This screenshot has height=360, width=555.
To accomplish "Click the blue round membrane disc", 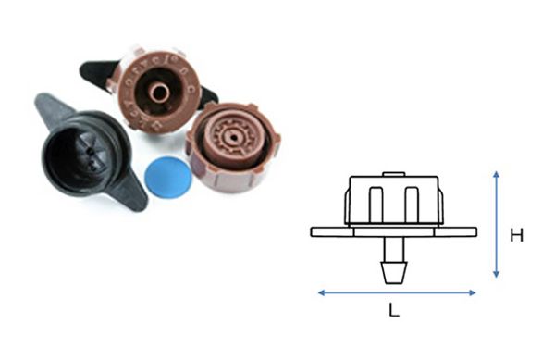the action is [x=168, y=177].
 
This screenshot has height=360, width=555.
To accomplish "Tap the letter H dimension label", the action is [x=517, y=235].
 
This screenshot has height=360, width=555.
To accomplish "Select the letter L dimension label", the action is [x=394, y=310].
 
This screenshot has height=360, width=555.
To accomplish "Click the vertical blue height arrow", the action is [x=496, y=225].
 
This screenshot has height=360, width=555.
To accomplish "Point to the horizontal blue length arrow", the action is [x=397, y=292].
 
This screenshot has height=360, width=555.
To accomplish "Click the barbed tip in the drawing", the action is [x=394, y=273].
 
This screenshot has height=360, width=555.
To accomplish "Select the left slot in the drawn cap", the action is [x=376, y=205].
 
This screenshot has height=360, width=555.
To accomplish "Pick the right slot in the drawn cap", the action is [x=412, y=205].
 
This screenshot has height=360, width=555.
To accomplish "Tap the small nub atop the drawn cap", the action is [x=394, y=174].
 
